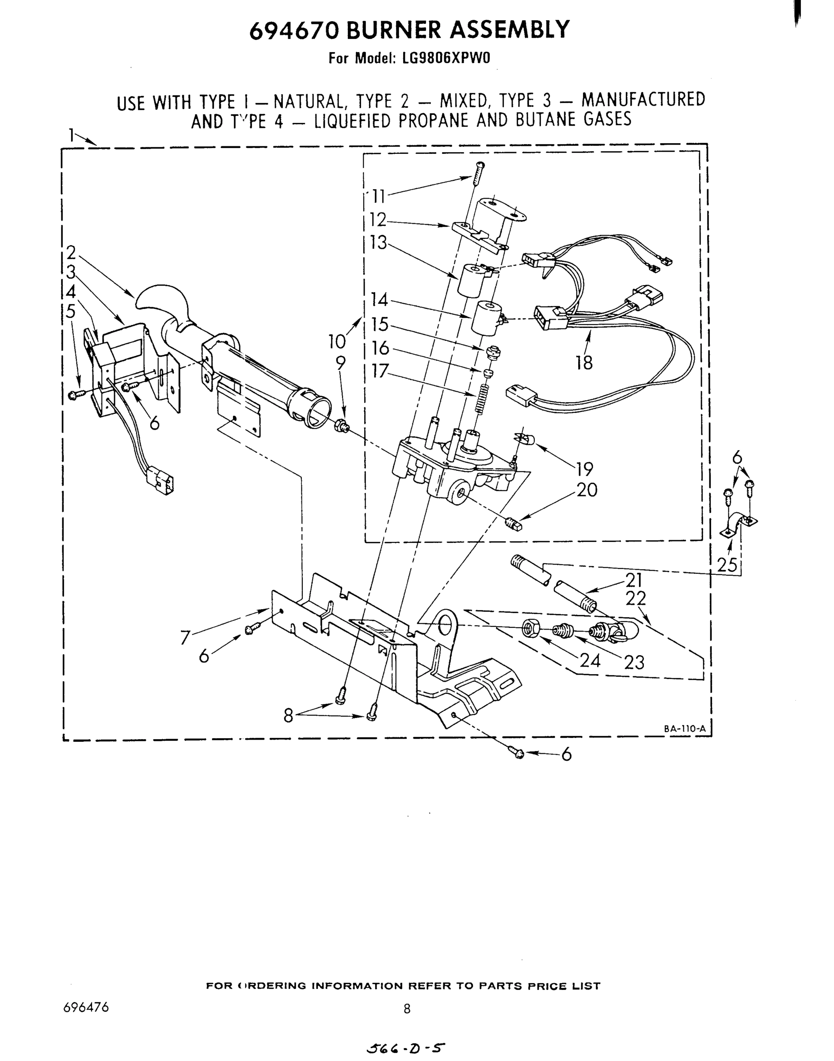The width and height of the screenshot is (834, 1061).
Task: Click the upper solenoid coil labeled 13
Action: click(470, 280)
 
